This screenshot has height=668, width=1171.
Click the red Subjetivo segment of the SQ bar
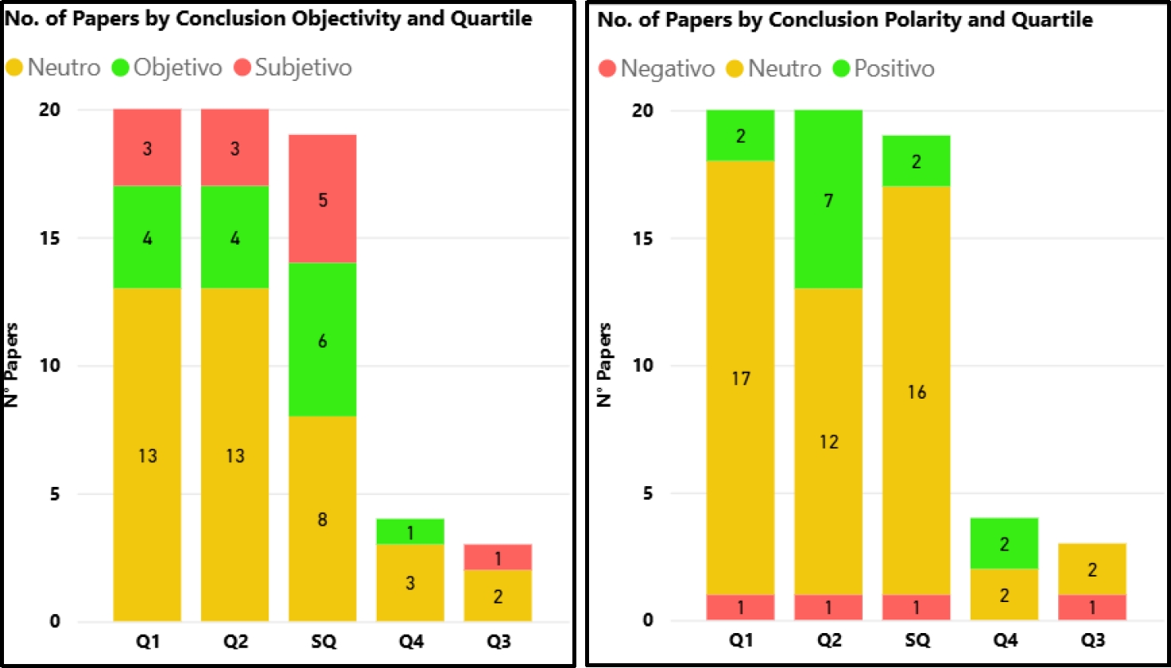tap(322, 199)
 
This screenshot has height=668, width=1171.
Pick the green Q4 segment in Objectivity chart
tap(410, 531)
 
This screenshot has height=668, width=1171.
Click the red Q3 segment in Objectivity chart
tap(498, 557)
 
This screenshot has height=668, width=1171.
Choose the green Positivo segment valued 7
tap(828, 199)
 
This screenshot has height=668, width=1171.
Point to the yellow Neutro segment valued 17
tap(740, 378)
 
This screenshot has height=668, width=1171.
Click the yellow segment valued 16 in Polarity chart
tap(916, 391)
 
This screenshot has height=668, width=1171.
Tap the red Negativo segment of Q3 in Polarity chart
tap(1092, 607)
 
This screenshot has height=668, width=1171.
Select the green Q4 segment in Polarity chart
tap(1004, 543)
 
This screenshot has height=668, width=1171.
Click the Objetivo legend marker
tap(121, 68)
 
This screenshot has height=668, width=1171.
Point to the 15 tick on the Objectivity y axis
tap(50, 237)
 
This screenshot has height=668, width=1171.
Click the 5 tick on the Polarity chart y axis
tap(648, 493)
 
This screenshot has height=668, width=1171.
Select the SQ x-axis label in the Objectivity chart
tap(323, 641)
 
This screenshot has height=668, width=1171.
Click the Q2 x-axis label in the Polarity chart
tap(829, 639)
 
